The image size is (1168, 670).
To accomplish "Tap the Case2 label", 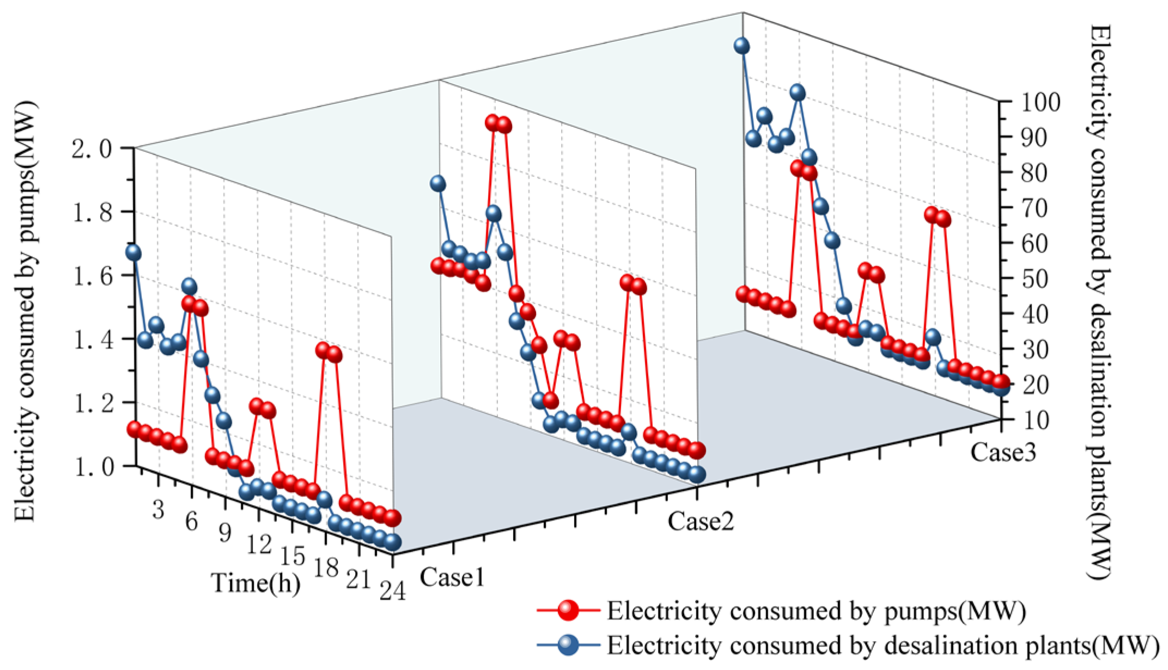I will (x=701, y=521).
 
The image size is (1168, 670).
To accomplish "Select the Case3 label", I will (x=1002, y=452).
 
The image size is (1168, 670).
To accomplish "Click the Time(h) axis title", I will (x=255, y=582).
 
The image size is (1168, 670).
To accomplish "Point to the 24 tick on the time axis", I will (x=393, y=591).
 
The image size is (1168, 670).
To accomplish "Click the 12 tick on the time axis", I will (x=258, y=544).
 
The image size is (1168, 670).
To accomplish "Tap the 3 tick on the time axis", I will (x=158, y=510).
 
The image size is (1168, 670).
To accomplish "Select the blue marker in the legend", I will (x=568, y=645).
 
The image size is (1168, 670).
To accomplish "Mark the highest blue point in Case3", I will (x=741, y=46).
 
